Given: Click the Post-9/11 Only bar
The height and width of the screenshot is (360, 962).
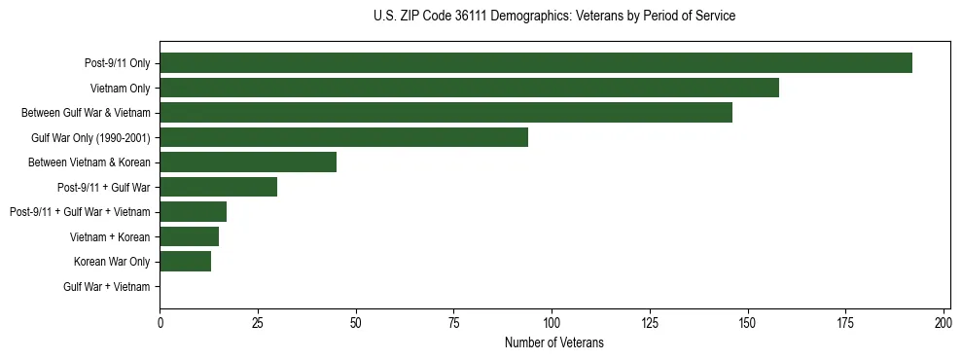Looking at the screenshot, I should (536, 63).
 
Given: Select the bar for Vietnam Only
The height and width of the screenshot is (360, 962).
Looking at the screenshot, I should (469, 89).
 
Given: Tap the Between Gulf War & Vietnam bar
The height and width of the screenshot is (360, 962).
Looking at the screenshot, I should (445, 113).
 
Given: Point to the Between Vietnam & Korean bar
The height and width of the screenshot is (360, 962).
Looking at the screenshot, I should (248, 162).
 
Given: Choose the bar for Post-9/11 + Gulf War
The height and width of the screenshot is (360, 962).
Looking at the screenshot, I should (218, 187).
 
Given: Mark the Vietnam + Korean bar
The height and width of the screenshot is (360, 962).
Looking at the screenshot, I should (189, 236).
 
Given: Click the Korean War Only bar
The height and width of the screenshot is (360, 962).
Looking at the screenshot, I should (185, 262).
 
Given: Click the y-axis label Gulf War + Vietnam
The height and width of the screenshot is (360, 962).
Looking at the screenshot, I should (107, 287).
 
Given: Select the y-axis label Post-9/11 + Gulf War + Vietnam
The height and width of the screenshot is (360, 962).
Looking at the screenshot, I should (80, 212).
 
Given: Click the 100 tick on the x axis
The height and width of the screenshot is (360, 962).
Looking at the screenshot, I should (552, 322).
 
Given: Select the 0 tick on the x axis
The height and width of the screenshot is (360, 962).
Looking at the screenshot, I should (160, 322).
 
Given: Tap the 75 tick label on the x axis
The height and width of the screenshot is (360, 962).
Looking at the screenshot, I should (453, 322).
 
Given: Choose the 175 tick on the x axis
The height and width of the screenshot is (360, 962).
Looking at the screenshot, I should (845, 322).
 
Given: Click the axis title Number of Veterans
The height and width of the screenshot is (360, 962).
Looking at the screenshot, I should (554, 342).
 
